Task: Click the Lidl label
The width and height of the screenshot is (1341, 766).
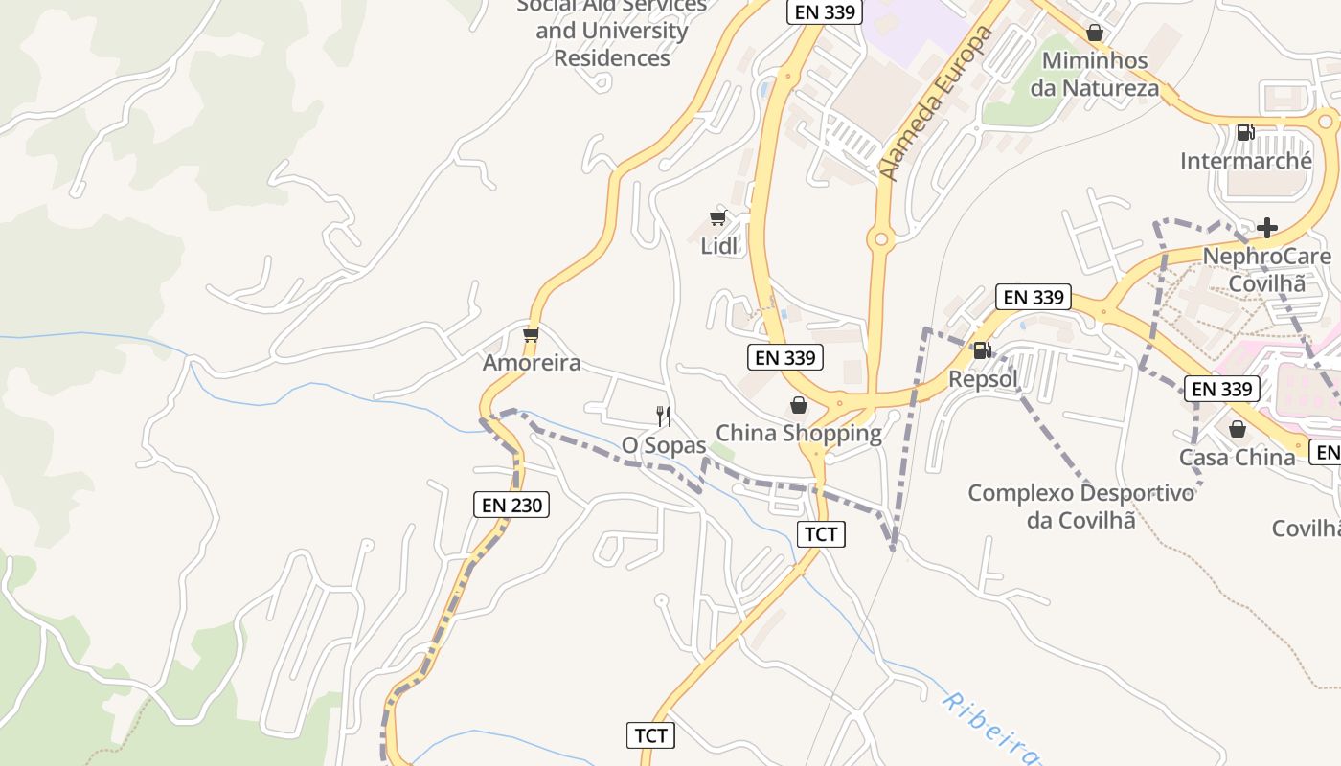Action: pyautogui.click(x=719, y=246)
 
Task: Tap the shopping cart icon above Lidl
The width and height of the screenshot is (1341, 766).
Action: pyautogui.click(x=718, y=217)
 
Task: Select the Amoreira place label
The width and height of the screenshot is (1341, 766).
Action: pyautogui.click(x=532, y=363)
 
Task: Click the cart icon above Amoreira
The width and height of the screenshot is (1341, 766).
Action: pyautogui.click(x=532, y=334)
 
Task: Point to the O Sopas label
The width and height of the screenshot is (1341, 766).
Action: pyautogui.click(x=664, y=445)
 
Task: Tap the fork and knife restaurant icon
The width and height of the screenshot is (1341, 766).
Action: pyautogui.click(x=663, y=416)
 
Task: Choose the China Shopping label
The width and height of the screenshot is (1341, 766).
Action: pyautogui.click(x=799, y=433)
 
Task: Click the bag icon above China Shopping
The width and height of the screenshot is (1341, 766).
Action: pyautogui.click(x=799, y=405)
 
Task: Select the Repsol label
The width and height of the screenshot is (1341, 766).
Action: pyautogui.click(x=983, y=379)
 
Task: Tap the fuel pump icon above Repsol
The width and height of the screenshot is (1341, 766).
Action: pyautogui.click(x=982, y=350)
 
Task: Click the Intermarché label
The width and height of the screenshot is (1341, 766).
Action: pyautogui.click(x=1245, y=161)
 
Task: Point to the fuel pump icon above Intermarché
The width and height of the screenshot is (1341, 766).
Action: pyautogui.click(x=1245, y=132)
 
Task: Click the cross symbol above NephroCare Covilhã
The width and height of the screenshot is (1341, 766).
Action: pyautogui.click(x=1267, y=228)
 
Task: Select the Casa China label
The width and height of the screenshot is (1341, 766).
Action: pyautogui.click(x=1237, y=458)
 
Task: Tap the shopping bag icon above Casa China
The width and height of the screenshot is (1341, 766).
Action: pyautogui.click(x=1237, y=429)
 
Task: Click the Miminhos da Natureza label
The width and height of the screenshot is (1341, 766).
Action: pyautogui.click(x=1094, y=75)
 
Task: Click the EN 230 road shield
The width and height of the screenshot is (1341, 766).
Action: pyautogui.click(x=511, y=505)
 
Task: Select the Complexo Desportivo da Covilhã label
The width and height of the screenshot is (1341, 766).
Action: pyautogui.click(x=1081, y=507)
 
